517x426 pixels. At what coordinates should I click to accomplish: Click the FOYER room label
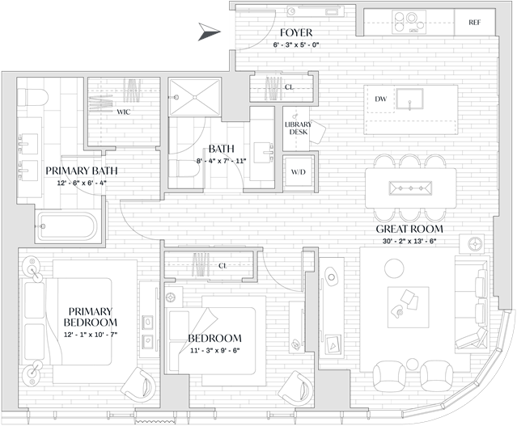(296, 32)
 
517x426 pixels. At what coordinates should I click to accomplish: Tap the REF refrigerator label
(474, 23)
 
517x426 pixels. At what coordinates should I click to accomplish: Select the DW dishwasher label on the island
(380, 99)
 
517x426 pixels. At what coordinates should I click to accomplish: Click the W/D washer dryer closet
(298, 172)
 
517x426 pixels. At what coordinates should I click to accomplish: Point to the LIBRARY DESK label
(298, 129)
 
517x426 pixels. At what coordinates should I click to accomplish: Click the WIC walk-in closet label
(123, 112)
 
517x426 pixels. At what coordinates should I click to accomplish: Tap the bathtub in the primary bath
(67, 226)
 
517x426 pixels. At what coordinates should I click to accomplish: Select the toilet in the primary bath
(32, 97)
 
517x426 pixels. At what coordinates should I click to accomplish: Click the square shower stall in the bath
(194, 97)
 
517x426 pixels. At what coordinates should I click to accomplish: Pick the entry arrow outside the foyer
(209, 32)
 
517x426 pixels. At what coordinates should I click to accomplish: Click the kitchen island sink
(410, 99)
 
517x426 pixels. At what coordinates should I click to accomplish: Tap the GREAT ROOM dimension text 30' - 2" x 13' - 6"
(409, 241)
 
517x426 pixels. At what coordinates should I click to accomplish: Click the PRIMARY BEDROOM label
(91, 317)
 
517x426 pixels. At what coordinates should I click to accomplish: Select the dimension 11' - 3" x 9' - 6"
(214, 351)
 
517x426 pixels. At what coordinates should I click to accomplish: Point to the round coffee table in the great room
(394, 268)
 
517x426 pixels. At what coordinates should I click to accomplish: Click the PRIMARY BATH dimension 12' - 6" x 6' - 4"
(81, 183)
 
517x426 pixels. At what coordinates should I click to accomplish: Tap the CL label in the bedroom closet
(222, 266)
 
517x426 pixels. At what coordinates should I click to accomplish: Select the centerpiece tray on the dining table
(410, 188)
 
